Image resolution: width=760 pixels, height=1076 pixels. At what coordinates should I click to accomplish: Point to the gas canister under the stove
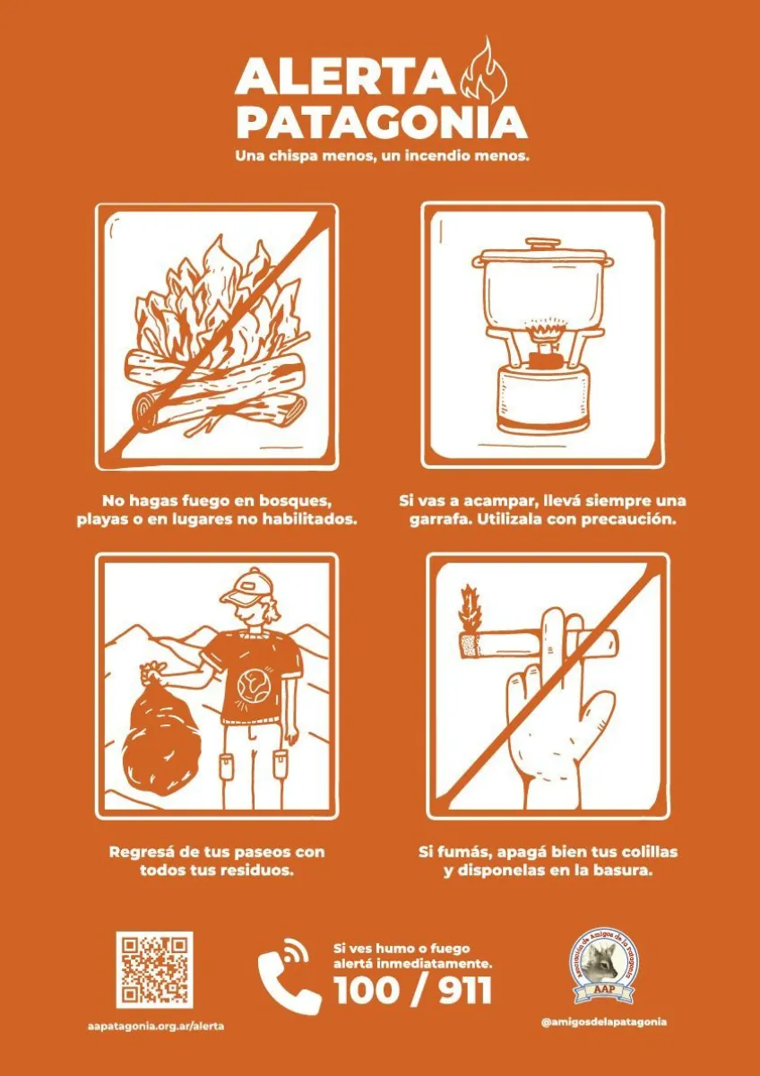(542, 396)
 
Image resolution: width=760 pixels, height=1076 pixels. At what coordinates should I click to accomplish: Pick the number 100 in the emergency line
(366, 976)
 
